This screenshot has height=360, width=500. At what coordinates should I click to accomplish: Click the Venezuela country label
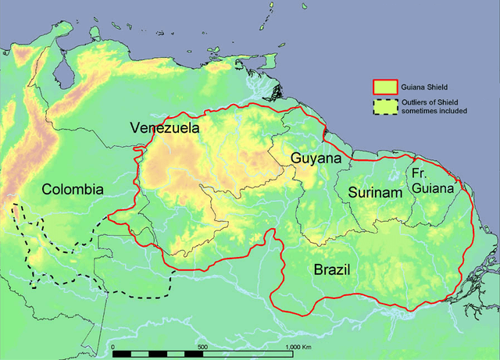click(x=165, y=127)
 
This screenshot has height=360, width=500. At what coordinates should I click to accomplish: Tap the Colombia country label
click(x=73, y=189)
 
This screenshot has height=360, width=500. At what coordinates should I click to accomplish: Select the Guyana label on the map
click(x=316, y=159)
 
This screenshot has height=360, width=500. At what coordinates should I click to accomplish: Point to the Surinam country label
click(x=375, y=192)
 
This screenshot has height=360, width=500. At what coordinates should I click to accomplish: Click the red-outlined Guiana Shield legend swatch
click(x=382, y=86)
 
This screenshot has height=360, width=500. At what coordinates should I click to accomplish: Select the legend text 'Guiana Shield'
click(x=426, y=86)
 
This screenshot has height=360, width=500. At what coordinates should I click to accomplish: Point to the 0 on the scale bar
click(x=113, y=345)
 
